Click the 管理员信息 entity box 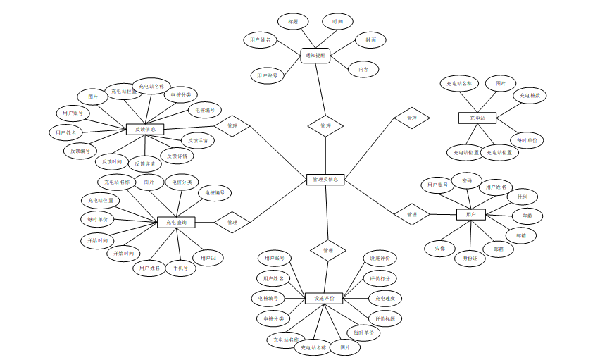[325, 180]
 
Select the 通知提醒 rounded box [315, 55]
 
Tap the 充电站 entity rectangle [477, 118]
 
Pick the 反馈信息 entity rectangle [145, 129]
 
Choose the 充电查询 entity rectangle [175, 222]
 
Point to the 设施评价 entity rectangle [323, 298]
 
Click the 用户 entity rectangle [471, 214]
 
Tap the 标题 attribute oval [292, 22]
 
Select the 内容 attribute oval [364, 69]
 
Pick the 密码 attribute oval [467, 180]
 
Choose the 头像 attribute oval [440, 248]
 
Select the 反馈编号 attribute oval [80, 151]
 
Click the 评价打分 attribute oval [381, 278]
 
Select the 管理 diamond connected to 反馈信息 [232, 127]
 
